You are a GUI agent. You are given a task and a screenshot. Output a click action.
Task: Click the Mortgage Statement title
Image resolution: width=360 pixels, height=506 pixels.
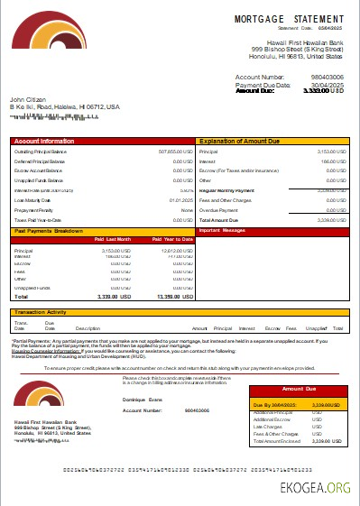click(289, 18)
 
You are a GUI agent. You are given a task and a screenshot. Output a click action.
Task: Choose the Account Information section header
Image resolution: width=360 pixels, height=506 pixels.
click(45, 142)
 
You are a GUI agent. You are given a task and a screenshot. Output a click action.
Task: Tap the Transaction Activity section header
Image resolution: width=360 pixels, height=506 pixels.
click(44, 313)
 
